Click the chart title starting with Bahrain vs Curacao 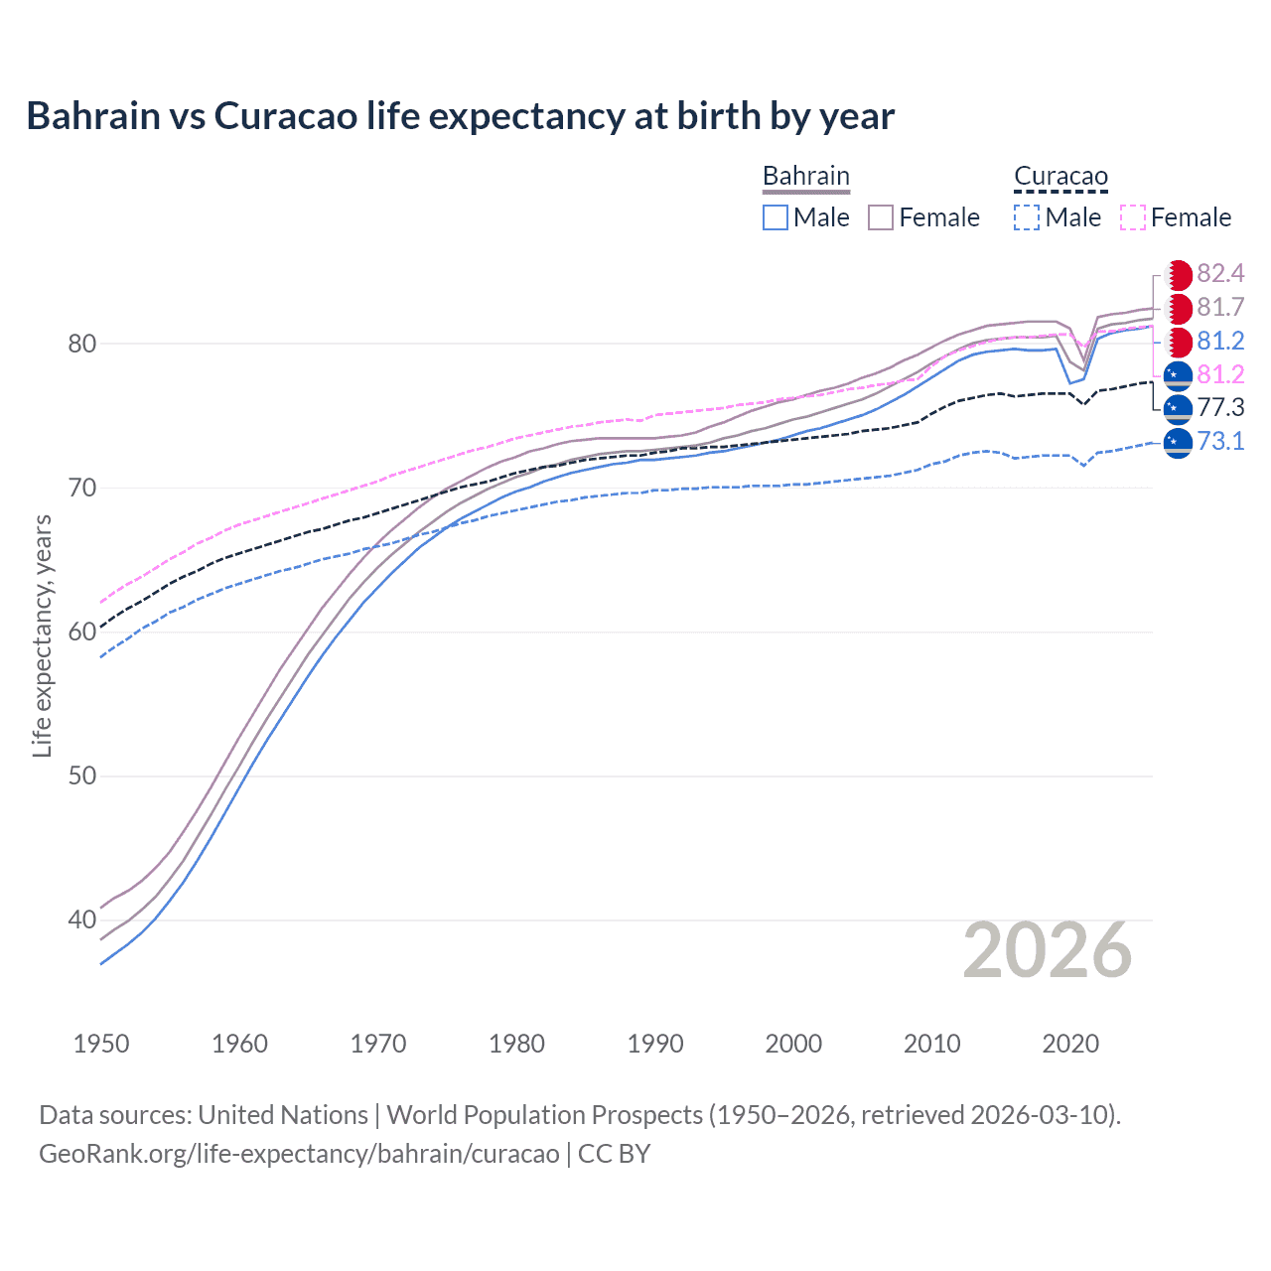[460, 116]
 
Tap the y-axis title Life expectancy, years [42, 635]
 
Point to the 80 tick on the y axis [81, 344]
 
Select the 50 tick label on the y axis [81, 776]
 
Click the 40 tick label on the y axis [81, 919]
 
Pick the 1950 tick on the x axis [101, 1044]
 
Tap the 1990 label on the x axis [655, 1044]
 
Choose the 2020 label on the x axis [1070, 1044]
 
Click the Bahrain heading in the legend [805, 177]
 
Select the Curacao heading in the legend [1060, 177]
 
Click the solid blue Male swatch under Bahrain [776, 217]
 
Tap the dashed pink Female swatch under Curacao [1133, 217]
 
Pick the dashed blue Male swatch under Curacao [1027, 217]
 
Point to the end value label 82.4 [1220, 274]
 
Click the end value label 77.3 [1220, 407]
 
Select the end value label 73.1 [1220, 441]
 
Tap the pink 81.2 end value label [1220, 374]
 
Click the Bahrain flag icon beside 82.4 [1178, 275]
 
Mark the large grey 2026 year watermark [1047, 951]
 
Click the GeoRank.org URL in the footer [299, 1154]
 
